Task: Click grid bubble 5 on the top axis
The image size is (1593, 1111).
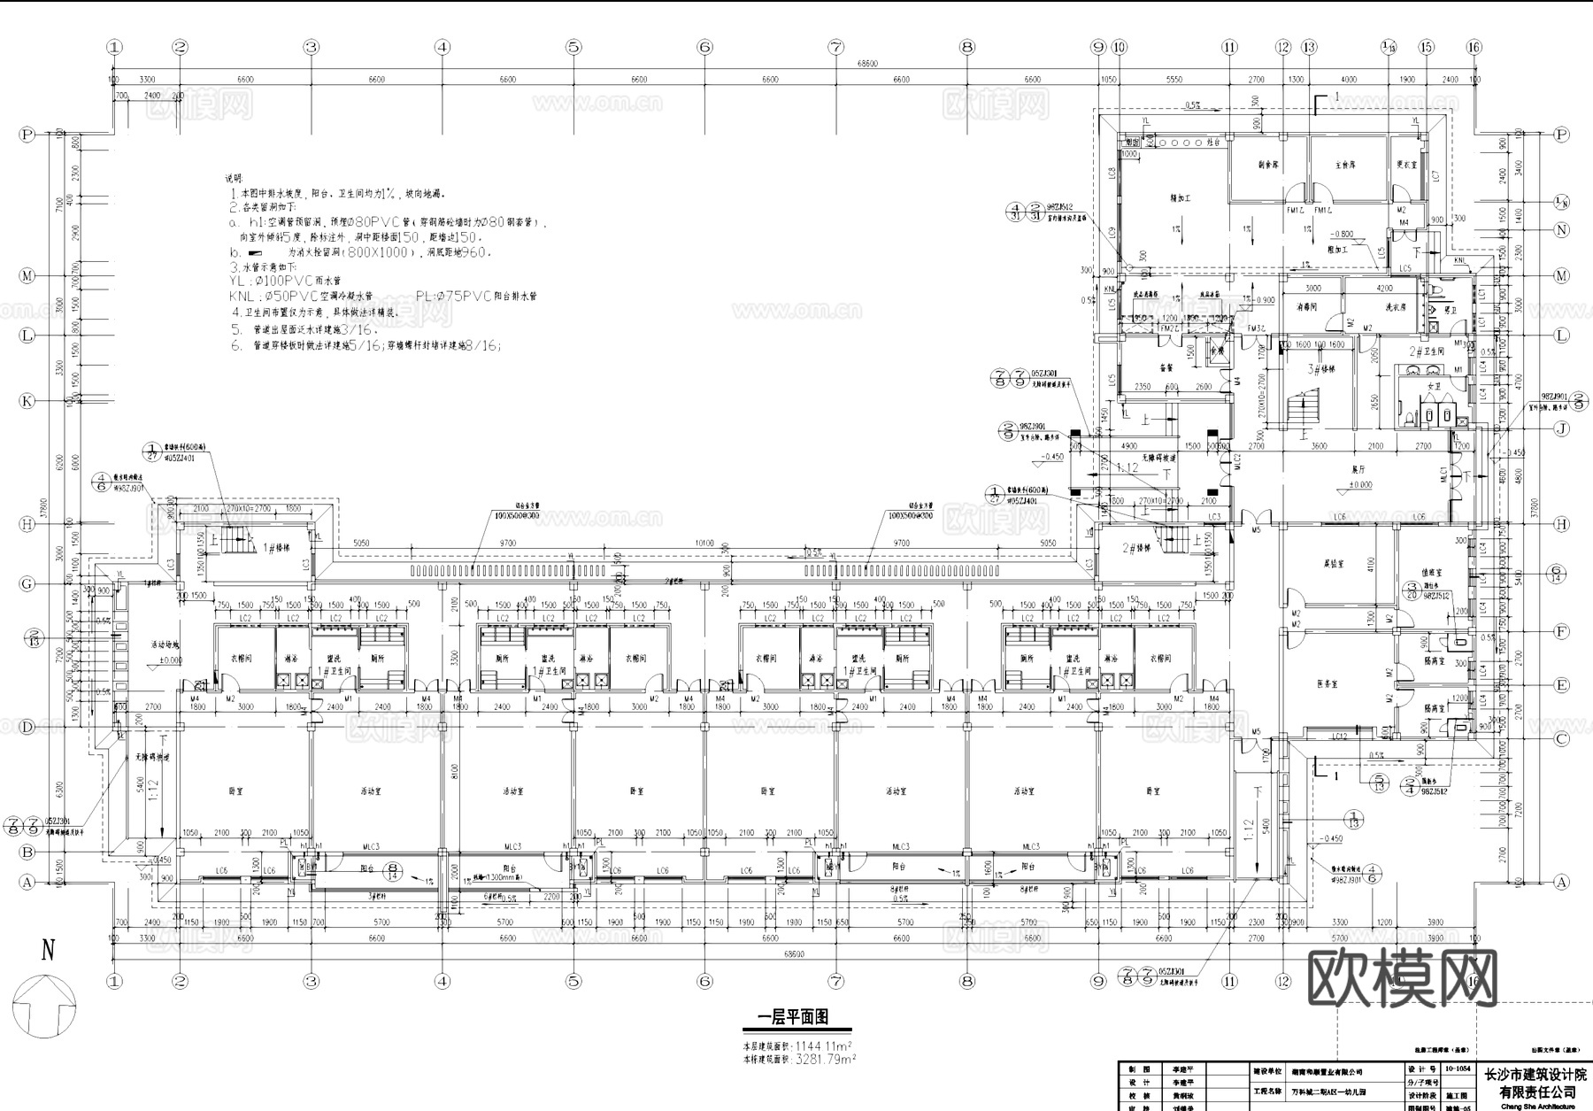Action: click(x=573, y=47)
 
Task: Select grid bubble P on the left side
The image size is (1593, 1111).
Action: click(x=27, y=135)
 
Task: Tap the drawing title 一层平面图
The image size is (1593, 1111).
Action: click(x=794, y=1018)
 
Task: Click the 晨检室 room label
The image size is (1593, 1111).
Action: click(x=1335, y=563)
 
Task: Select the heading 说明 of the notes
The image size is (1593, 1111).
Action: click(x=232, y=179)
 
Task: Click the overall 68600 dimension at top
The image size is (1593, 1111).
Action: click(x=867, y=63)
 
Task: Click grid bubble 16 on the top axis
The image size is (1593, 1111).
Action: click(x=1474, y=47)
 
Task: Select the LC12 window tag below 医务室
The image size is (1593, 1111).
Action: click(x=1339, y=737)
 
